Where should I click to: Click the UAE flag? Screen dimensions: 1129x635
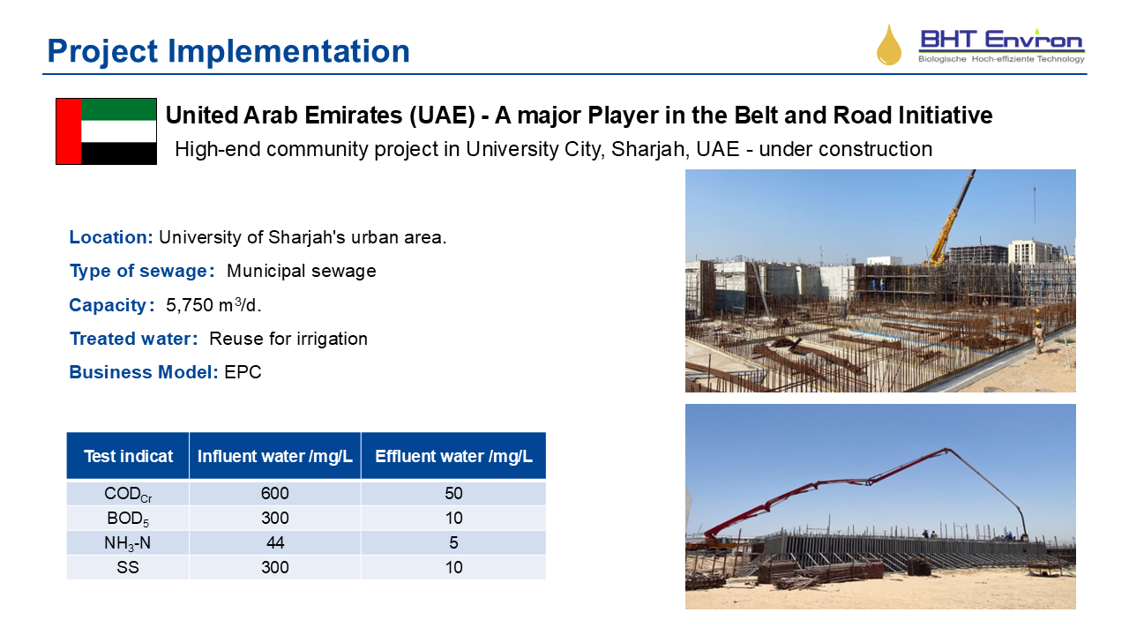[107, 131]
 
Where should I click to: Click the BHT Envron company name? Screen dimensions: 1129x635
[1002, 40]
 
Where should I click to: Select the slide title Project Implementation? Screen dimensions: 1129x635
[228, 51]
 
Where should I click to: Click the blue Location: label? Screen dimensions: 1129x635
[111, 237]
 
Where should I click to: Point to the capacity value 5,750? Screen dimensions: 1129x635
[190, 305]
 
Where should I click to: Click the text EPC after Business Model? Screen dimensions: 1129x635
[243, 372]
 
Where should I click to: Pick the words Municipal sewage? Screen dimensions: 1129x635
[302, 271]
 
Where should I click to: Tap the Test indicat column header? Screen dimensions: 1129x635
[128, 456]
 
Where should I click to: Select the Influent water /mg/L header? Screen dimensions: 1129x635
[274, 456]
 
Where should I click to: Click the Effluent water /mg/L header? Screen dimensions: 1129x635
[453, 456]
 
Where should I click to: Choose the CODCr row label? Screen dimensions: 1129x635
[128, 494]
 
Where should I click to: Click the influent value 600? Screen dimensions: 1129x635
[274, 493]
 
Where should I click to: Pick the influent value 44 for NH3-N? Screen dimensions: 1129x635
[275, 542]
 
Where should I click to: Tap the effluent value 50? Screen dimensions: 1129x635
[453, 493]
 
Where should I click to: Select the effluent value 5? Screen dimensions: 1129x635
[453, 542]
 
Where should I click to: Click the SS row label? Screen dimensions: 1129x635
[128, 567]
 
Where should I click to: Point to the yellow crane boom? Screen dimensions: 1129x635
[952, 218]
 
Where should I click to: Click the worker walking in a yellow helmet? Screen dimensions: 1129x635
[1038, 337]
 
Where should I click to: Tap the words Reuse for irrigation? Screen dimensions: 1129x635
[288, 339]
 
